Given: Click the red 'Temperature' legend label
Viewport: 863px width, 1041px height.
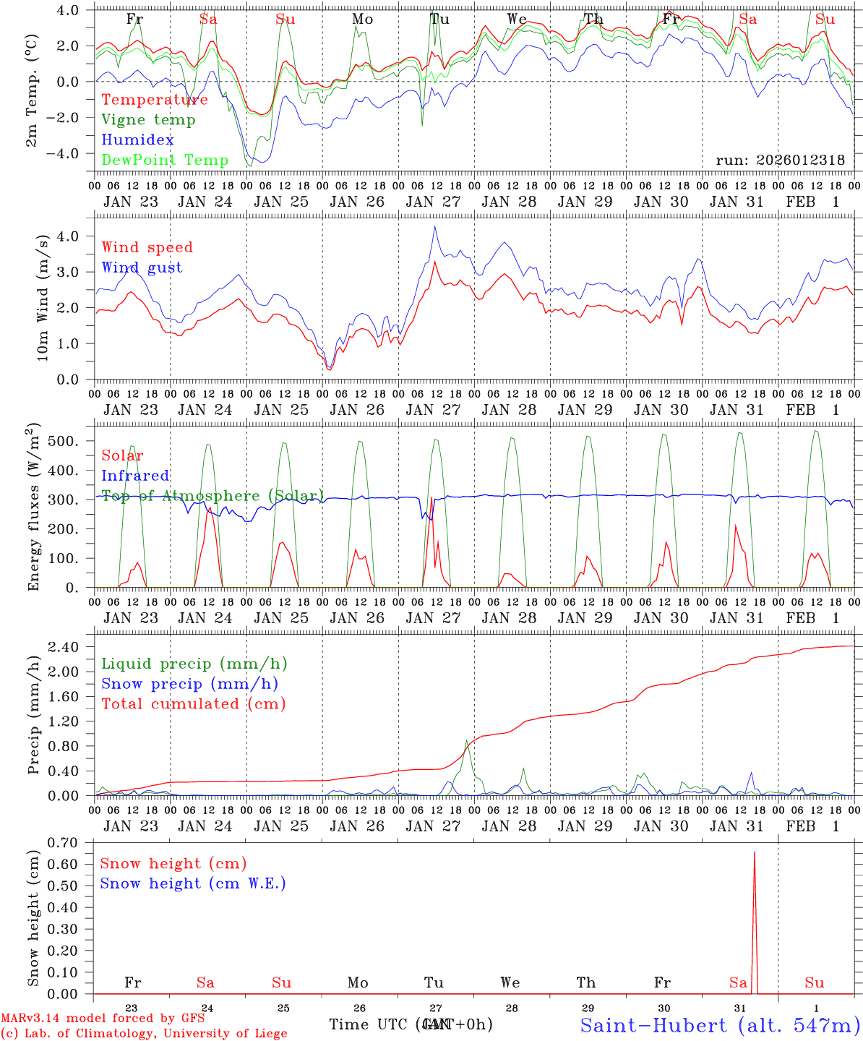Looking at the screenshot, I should coord(155,100).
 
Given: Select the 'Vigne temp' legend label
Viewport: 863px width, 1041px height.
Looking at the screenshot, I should coord(148,120).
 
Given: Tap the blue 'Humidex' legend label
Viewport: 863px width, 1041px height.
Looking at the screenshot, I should coord(138,140).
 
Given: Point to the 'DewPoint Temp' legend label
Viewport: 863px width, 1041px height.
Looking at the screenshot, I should coord(165,160).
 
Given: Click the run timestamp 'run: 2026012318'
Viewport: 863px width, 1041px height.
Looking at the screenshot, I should coord(780,160).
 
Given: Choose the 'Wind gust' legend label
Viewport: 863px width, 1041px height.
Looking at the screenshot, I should coord(142,267).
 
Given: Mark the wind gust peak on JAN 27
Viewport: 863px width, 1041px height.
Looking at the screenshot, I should coord(434,227).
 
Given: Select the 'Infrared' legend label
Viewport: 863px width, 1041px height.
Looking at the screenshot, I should coord(135,476).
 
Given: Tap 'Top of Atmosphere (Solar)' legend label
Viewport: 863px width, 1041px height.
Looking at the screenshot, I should coord(212,496).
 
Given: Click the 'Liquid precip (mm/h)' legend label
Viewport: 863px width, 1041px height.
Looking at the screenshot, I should coord(194,664).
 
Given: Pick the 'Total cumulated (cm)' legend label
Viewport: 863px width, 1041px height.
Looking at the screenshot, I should coord(193,704).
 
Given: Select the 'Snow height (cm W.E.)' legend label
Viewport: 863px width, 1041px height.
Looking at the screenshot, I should coord(192,883).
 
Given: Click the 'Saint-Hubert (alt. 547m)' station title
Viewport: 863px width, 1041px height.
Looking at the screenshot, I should coord(719,1025).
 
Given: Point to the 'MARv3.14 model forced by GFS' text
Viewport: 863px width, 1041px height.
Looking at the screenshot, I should coord(103,1019).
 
